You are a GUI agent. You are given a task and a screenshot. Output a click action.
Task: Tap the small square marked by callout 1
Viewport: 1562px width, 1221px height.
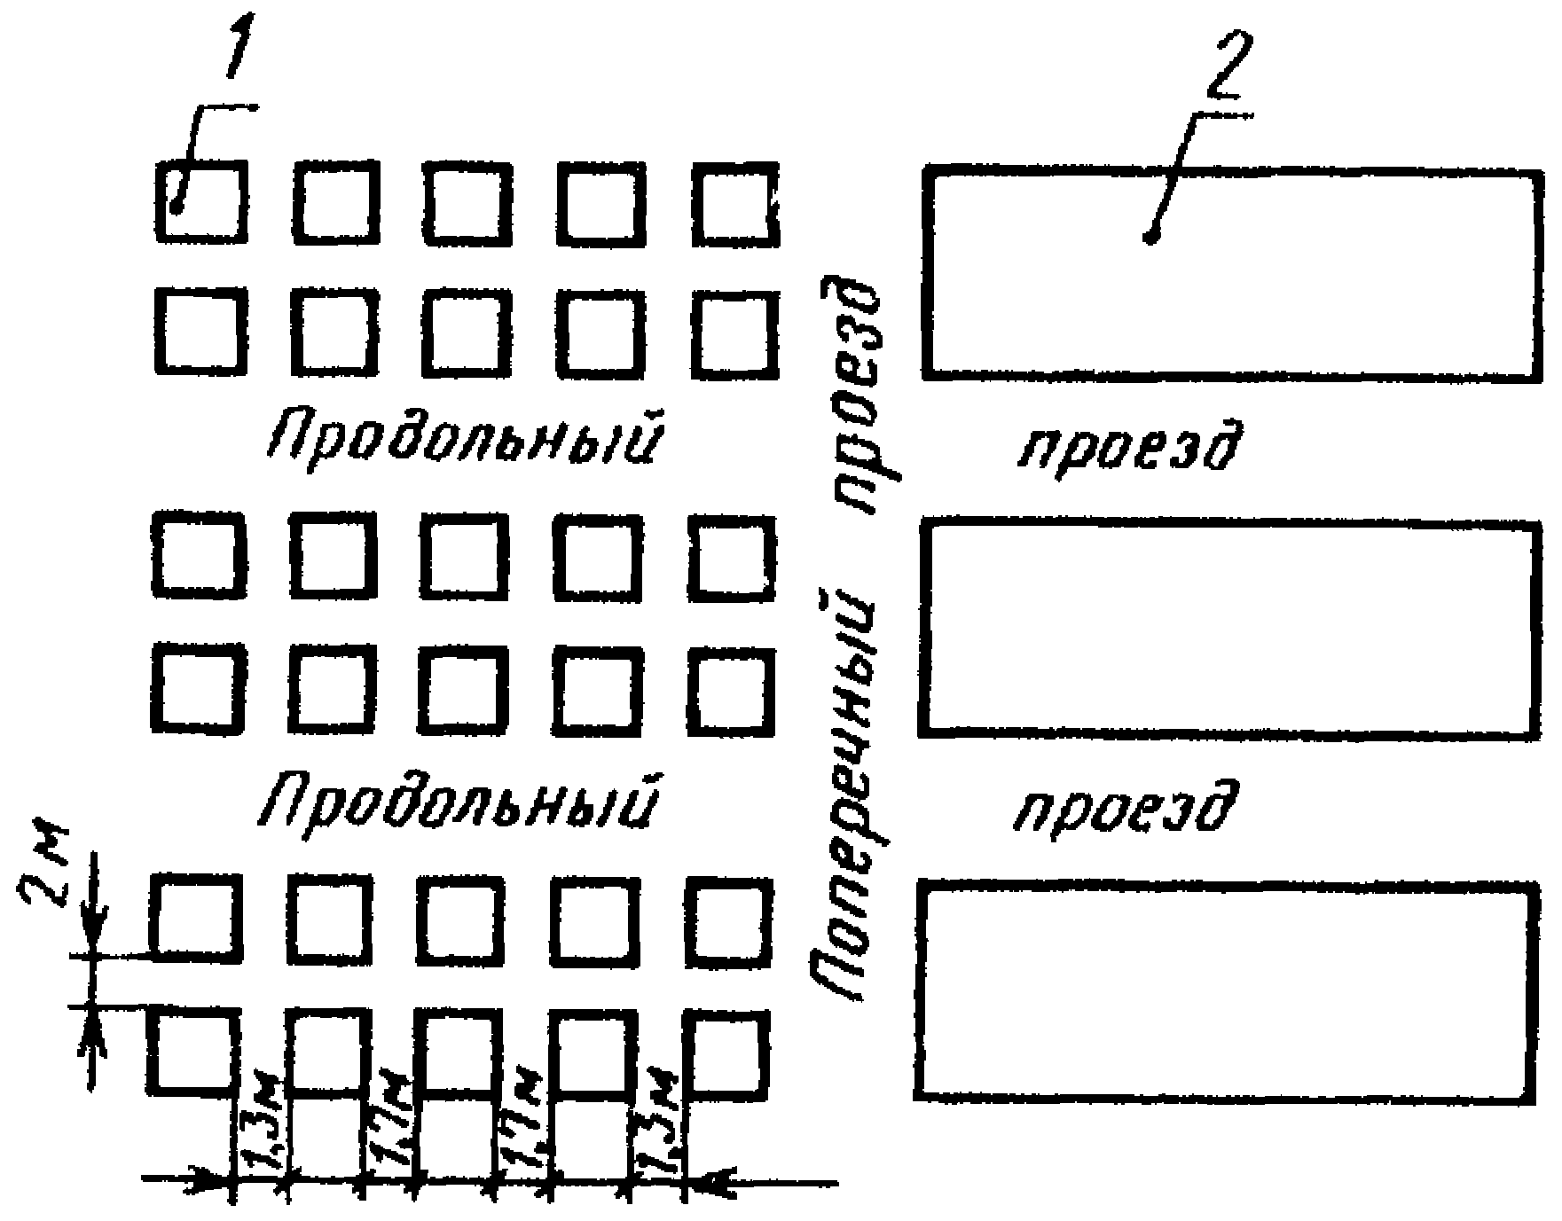[201, 201]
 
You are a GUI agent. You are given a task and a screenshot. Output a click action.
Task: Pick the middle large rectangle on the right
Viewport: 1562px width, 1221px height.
[1229, 629]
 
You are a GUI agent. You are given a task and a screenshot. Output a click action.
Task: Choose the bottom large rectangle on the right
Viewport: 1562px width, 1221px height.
[1229, 991]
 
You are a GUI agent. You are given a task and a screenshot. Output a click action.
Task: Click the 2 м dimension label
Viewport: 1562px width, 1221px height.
[43, 876]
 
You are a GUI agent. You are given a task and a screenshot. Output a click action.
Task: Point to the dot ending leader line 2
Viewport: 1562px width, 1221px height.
[1151, 237]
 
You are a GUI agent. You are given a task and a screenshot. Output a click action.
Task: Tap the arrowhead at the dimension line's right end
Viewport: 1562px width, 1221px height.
[710, 1180]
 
